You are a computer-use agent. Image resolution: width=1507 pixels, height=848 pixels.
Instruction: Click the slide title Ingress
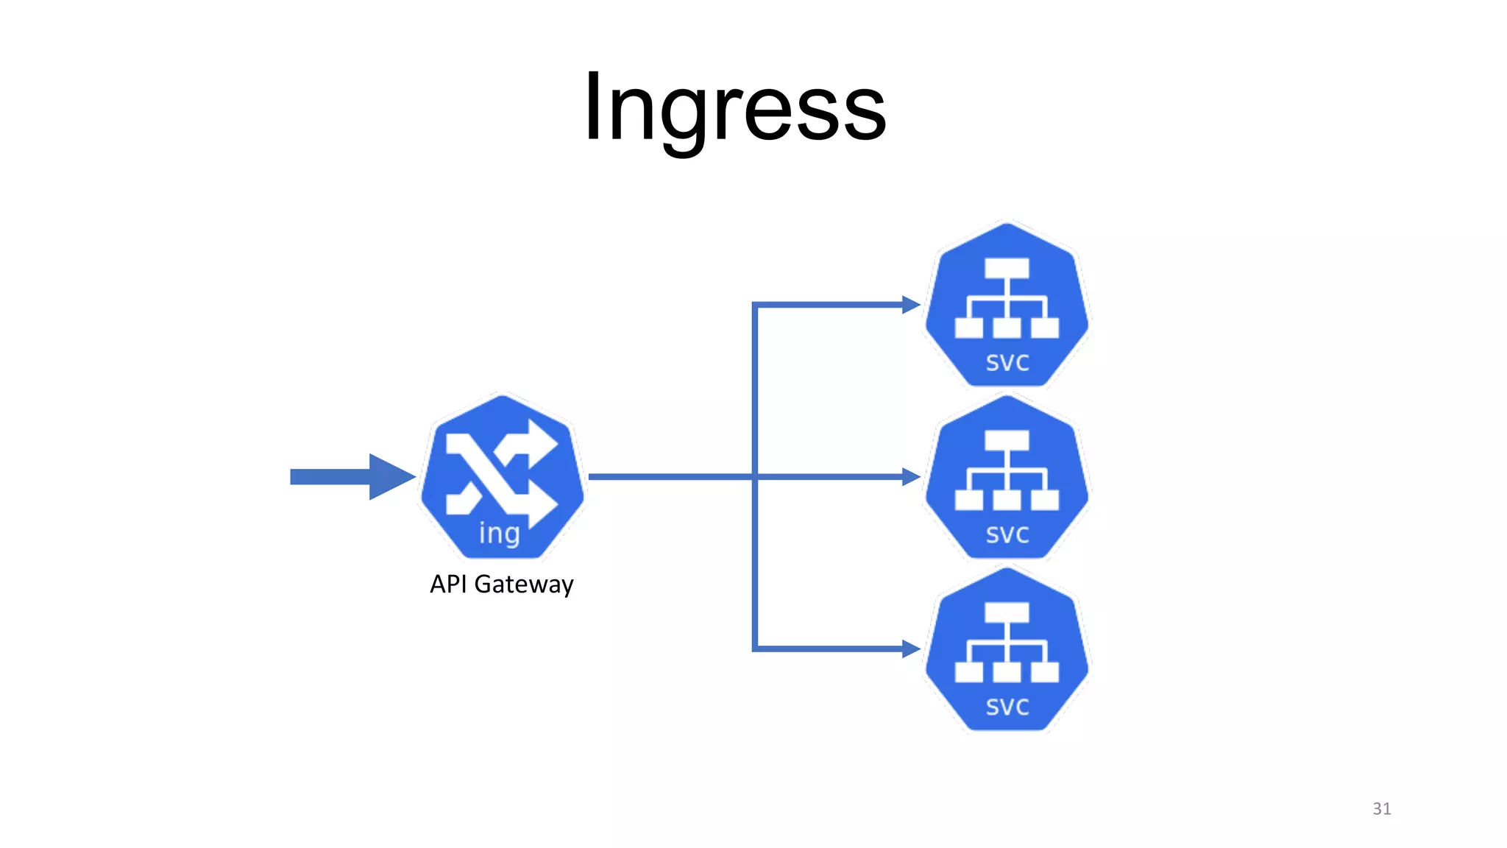coord(734,109)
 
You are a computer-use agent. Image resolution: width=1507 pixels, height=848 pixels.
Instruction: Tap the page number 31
coord(1381,808)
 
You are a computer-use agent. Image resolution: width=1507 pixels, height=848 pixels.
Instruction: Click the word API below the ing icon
coord(449,584)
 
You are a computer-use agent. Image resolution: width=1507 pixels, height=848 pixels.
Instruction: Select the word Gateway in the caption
coord(524,585)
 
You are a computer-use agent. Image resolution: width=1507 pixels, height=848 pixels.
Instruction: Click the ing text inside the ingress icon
coord(500,533)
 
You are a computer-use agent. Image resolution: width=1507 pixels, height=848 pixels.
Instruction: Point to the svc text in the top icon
coord(1007,362)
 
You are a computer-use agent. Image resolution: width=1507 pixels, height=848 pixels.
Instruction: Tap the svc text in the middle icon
coord(1007,534)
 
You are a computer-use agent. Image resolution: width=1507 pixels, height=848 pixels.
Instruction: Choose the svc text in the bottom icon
coord(1007,707)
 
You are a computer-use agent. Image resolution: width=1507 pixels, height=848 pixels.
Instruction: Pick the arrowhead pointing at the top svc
coord(911,305)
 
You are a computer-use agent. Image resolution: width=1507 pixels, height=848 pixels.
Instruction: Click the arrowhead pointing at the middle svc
coord(911,477)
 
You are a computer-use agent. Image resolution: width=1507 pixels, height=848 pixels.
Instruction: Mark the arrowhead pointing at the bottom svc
coord(911,649)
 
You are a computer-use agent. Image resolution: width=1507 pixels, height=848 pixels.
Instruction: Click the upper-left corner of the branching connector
coord(755,305)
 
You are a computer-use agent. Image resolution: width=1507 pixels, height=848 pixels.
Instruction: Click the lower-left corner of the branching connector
coord(755,649)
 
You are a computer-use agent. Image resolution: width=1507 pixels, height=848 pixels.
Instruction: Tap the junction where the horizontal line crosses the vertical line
coord(755,477)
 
